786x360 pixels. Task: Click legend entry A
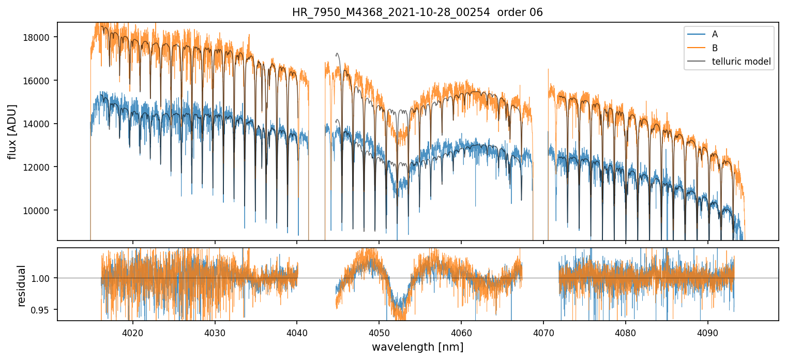pyautogui.click(x=715, y=34)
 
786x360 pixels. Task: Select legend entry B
pyautogui.click(x=715, y=48)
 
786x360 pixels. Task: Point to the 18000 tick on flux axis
pyautogui.click(x=39, y=37)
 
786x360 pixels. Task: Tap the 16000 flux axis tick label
pyautogui.click(x=39, y=81)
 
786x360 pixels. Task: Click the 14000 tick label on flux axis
pyautogui.click(x=39, y=124)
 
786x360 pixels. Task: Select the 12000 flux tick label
pyautogui.click(x=39, y=167)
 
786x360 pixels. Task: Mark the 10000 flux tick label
pyautogui.click(x=39, y=211)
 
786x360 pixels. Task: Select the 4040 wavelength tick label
pyautogui.click(x=297, y=332)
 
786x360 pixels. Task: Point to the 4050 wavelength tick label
pyautogui.click(x=379, y=332)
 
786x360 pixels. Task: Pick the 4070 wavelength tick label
pyautogui.click(x=543, y=332)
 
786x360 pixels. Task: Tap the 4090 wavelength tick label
pyautogui.click(x=707, y=332)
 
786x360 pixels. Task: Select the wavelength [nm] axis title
pyautogui.click(x=417, y=347)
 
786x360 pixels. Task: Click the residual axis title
pyautogui.click(x=22, y=286)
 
